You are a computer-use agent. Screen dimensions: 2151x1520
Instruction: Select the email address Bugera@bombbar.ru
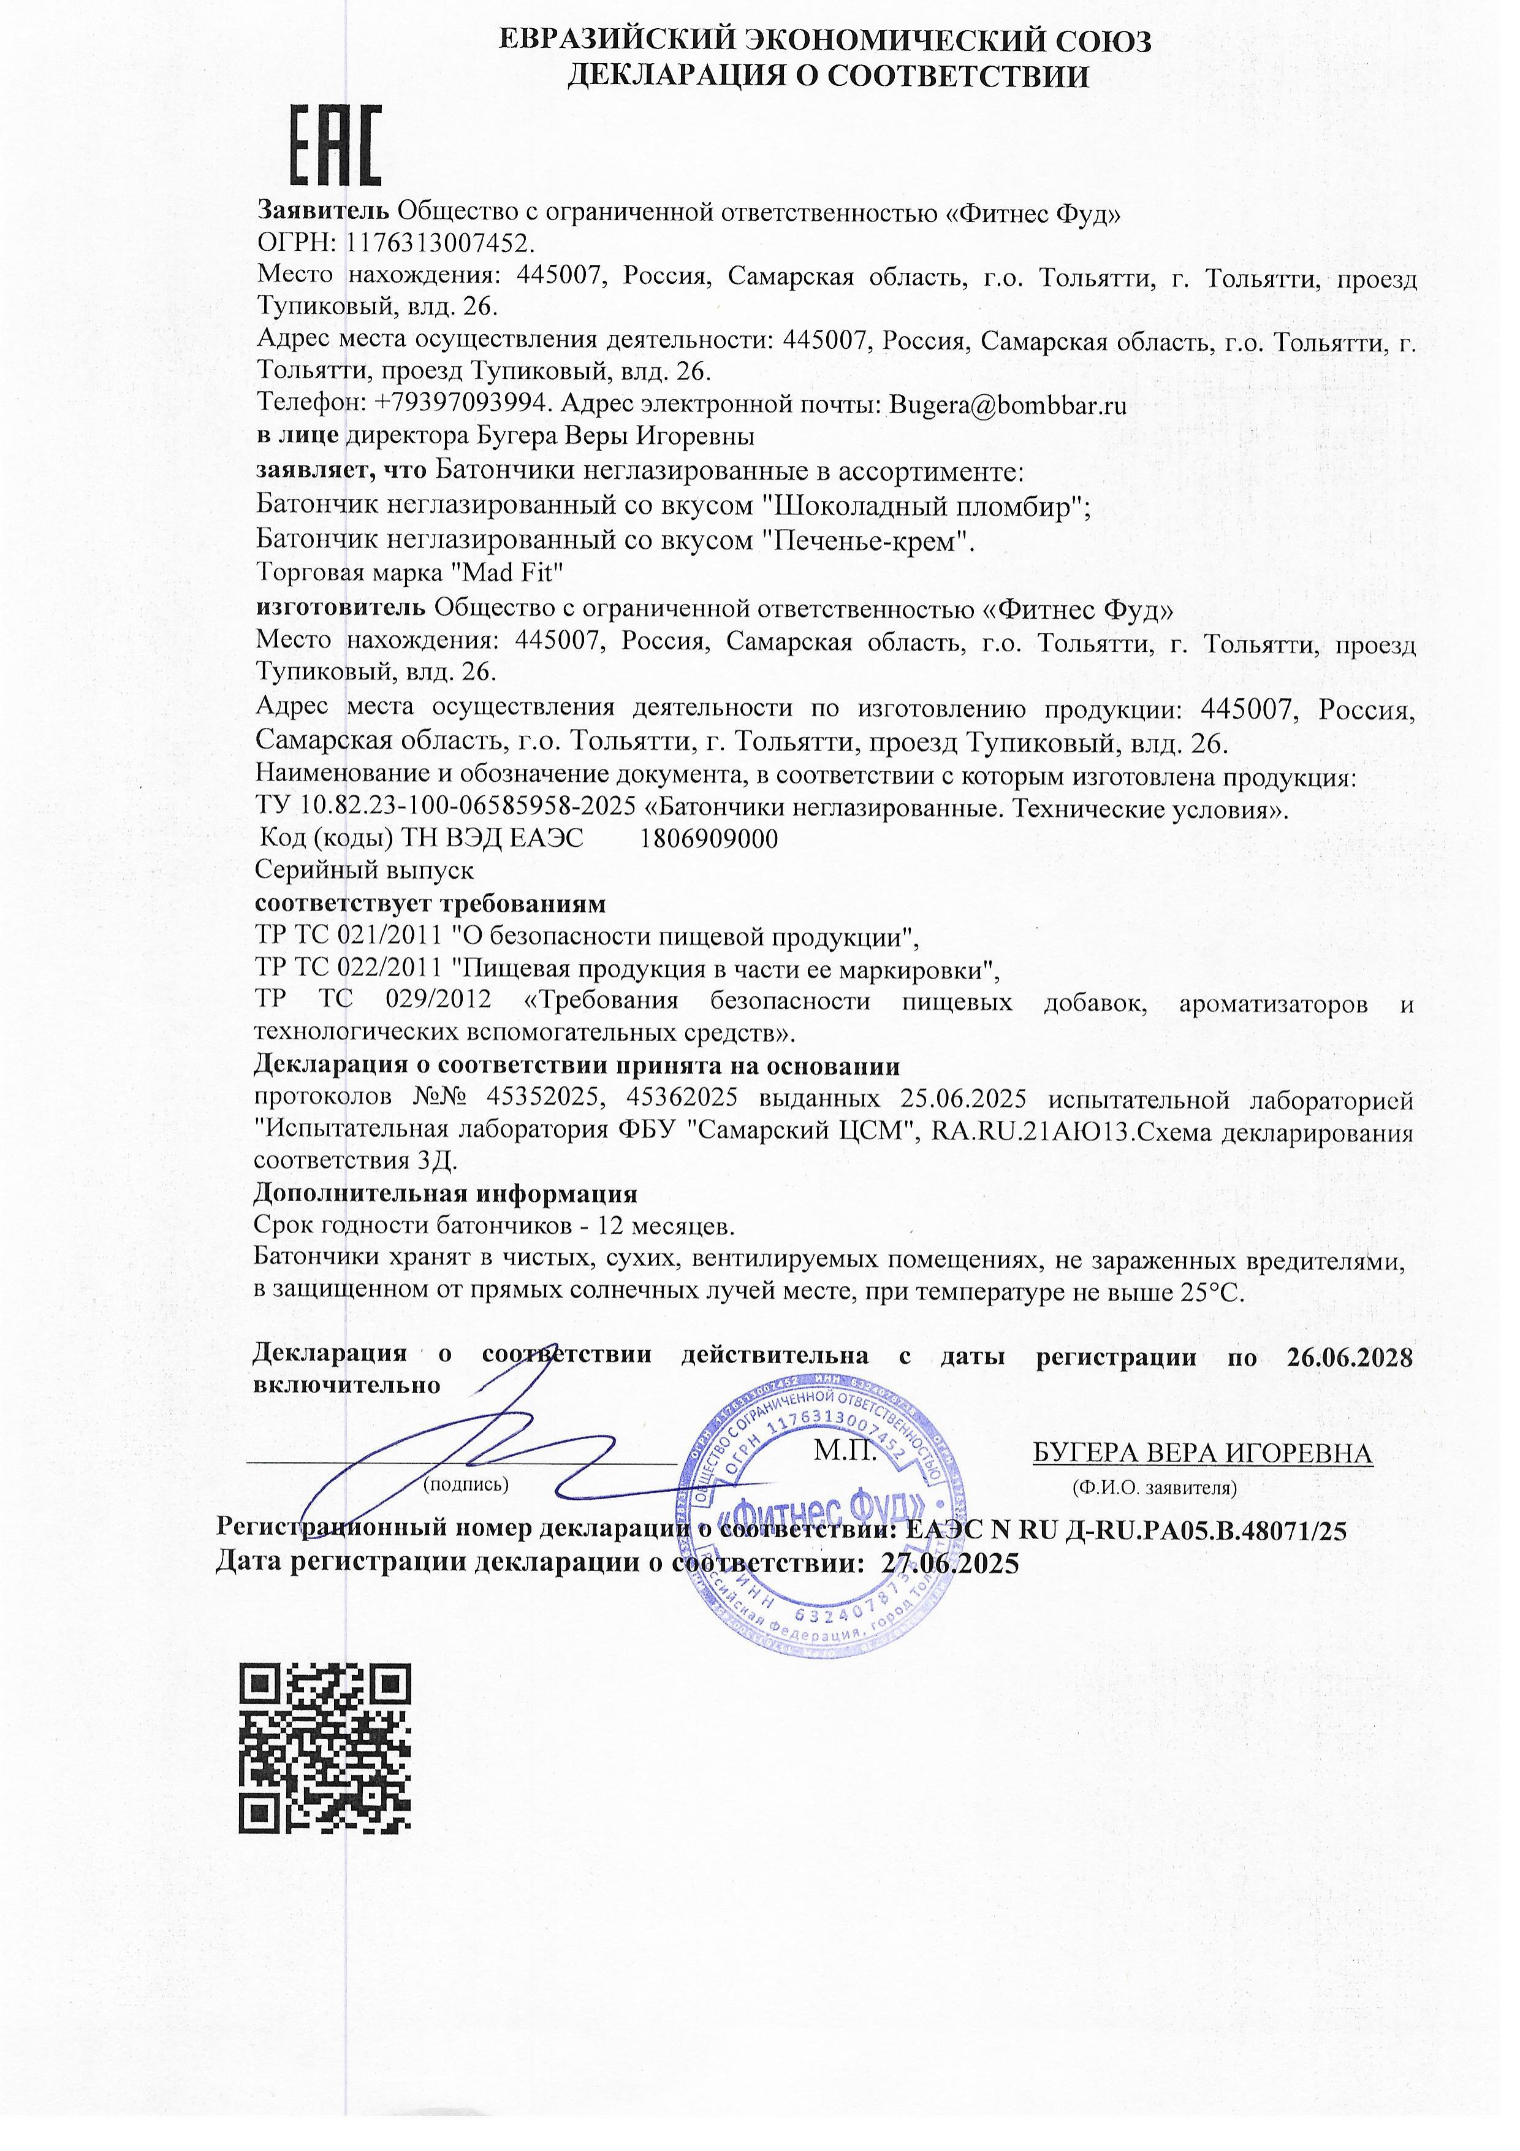[x=1007, y=406]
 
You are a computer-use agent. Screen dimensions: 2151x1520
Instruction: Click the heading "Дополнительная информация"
[x=446, y=1194]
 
